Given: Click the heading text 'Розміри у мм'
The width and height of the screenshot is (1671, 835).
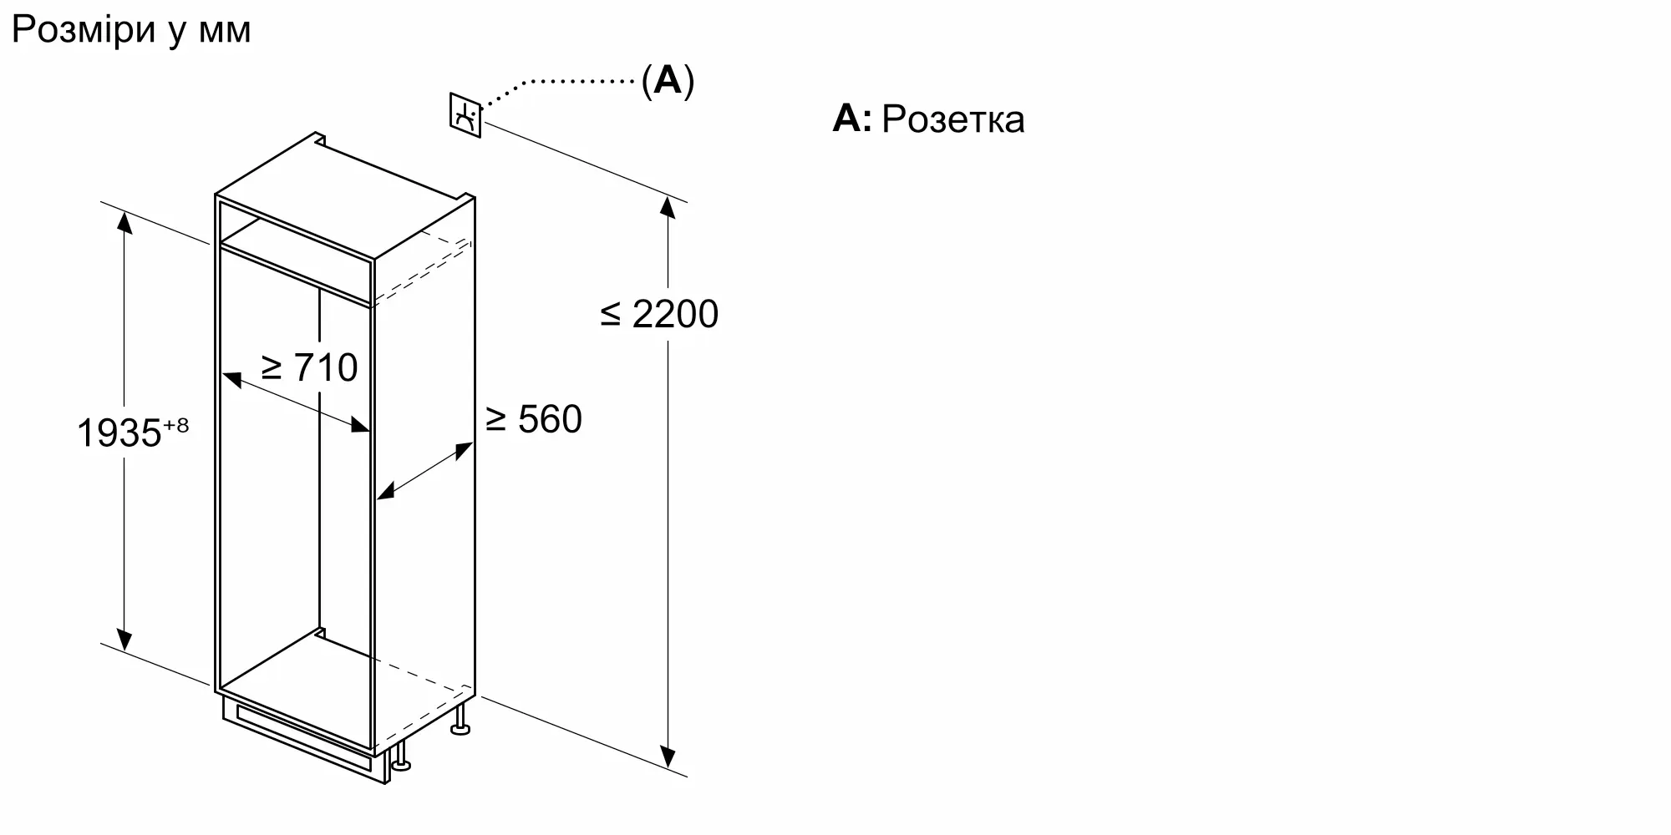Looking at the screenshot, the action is (x=131, y=31).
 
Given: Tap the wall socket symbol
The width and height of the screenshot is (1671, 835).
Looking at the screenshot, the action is (x=465, y=115).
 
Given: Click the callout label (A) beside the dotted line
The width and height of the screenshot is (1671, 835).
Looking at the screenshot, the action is (x=668, y=81).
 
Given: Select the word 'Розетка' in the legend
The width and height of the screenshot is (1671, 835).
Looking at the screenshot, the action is (x=952, y=119).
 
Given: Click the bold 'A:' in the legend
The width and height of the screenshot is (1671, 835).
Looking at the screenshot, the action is (x=851, y=119).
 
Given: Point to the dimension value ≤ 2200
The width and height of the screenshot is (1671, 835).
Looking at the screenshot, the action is (x=659, y=314).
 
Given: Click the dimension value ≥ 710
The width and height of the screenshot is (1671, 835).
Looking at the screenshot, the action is (x=310, y=367).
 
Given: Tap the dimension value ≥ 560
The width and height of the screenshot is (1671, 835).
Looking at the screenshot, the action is (x=534, y=419).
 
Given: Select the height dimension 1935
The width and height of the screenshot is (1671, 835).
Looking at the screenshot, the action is (x=119, y=433).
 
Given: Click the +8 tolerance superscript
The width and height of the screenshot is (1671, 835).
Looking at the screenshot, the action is (x=175, y=425).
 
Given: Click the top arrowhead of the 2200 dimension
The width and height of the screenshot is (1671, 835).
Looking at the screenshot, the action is (x=668, y=206).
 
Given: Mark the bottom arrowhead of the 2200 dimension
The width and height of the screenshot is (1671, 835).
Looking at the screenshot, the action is (x=668, y=757).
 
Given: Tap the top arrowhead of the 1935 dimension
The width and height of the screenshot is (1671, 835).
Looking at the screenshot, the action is (x=124, y=223).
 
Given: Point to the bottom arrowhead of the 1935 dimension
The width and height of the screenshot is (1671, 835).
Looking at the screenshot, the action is (x=124, y=639).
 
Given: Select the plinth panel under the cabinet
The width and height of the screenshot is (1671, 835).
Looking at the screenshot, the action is (x=305, y=740).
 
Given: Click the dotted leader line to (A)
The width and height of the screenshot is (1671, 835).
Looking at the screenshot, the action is (x=560, y=88).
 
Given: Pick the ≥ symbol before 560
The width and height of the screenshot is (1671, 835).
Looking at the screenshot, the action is (x=496, y=420).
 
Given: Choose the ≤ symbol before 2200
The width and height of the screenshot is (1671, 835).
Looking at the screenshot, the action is (x=611, y=315).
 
